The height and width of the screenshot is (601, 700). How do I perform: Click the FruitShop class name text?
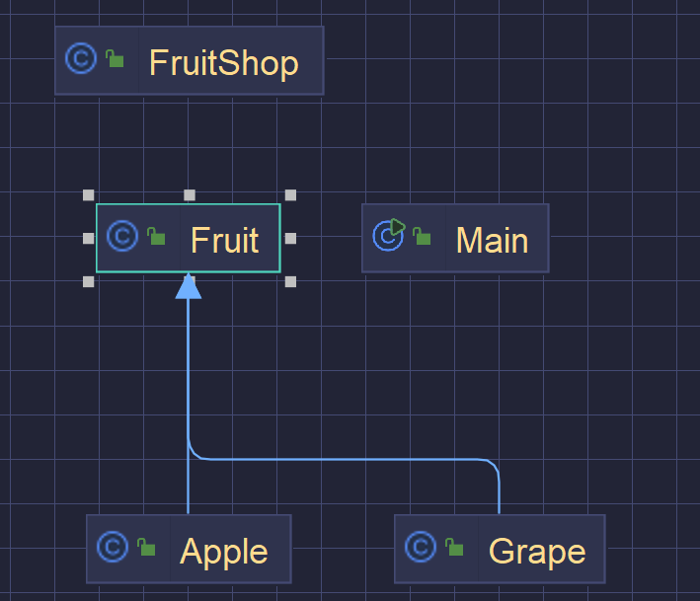pyautogui.click(x=223, y=63)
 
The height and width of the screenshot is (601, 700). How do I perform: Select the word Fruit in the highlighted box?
pyautogui.click(x=224, y=240)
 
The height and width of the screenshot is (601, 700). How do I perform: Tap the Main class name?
pyautogui.click(x=492, y=240)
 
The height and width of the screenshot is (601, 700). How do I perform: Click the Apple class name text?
pyautogui.click(x=223, y=551)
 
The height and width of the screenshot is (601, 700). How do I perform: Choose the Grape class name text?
pyautogui.click(x=537, y=551)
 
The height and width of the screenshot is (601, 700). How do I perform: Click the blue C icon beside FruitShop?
pyautogui.click(x=80, y=59)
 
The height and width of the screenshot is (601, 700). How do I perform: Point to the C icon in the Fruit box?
pyautogui.click(x=121, y=236)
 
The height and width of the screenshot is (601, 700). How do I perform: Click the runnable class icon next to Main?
pyautogui.click(x=389, y=235)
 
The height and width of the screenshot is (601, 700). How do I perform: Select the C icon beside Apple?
pyautogui.click(x=114, y=547)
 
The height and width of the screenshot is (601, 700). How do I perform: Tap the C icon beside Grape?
pyautogui.click(x=422, y=547)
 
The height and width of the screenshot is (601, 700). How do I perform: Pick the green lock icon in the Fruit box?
pyautogui.click(x=156, y=237)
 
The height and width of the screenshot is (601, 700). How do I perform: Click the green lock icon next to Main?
pyautogui.click(x=422, y=237)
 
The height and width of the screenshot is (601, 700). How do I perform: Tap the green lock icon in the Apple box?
pyautogui.click(x=146, y=548)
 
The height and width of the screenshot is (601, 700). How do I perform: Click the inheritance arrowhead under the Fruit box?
pyautogui.click(x=188, y=287)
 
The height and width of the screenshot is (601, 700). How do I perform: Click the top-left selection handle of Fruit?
pyautogui.click(x=89, y=195)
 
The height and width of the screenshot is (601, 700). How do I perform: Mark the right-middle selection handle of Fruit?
pyautogui.click(x=290, y=238)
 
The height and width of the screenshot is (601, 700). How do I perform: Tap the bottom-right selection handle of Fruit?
pyautogui.click(x=290, y=281)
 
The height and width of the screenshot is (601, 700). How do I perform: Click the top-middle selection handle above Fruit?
pyautogui.click(x=190, y=195)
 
